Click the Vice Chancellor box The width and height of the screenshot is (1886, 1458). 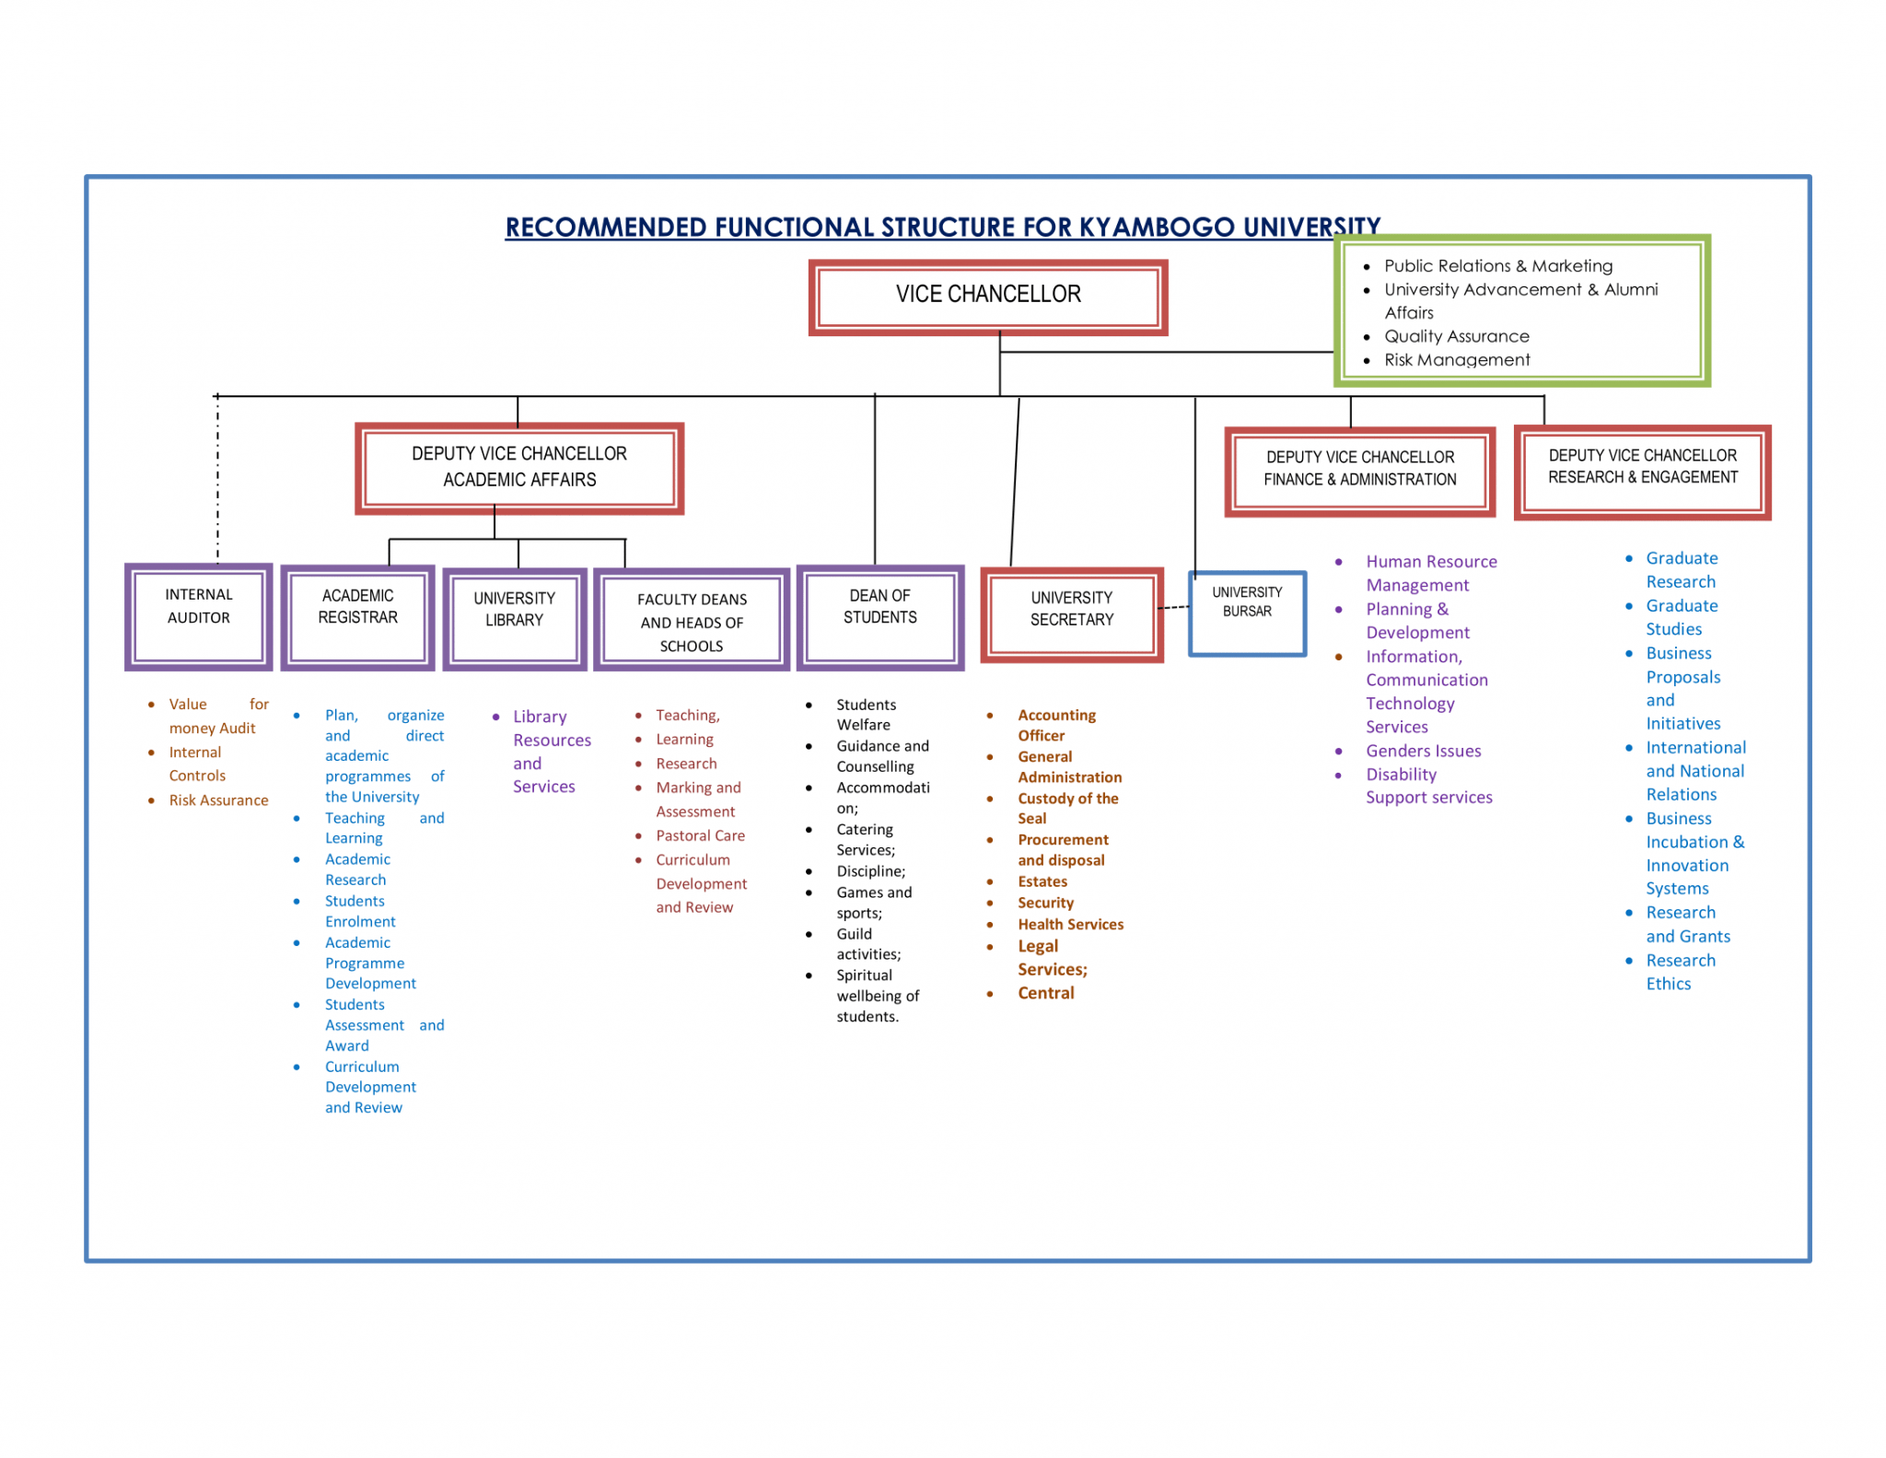point(987,296)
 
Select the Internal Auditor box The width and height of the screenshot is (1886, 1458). point(199,615)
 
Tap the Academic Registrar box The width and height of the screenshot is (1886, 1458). point(357,615)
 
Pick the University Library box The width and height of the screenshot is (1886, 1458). point(514,618)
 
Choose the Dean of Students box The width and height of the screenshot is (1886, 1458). point(879,615)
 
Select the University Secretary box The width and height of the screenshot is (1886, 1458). point(1071,614)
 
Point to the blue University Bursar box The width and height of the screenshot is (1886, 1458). point(1247,612)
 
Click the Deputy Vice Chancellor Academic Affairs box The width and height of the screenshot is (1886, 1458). point(519,467)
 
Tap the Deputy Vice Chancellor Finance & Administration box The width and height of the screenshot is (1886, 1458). point(1359,470)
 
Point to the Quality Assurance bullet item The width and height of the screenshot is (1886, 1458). point(1456,336)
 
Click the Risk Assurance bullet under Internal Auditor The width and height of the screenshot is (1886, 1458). point(218,800)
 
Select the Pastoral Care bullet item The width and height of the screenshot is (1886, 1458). point(700,835)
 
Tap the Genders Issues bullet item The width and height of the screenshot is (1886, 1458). point(1423,751)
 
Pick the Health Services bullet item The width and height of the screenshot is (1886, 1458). point(1070,924)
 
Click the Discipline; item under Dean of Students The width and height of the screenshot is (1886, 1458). point(870,871)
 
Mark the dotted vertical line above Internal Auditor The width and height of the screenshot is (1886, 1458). point(217,479)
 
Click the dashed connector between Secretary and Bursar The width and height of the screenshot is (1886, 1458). point(1173,607)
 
